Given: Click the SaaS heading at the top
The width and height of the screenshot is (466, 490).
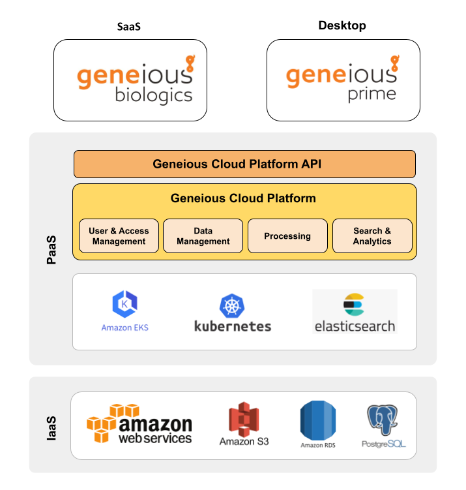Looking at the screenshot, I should click(x=129, y=27).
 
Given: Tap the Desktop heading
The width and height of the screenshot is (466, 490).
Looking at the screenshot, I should click(x=342, y=26).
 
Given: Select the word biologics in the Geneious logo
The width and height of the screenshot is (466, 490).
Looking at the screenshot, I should click(x=154, y=96).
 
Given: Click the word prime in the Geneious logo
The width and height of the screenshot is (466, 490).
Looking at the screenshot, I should click(x=371, y=95).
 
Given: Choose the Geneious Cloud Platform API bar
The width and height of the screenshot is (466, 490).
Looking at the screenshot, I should click(x=244, y=164).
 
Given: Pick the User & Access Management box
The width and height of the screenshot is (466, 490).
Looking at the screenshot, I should click(x=119, y=236).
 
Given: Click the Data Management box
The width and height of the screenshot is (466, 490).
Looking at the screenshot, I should click(x=203, y=236).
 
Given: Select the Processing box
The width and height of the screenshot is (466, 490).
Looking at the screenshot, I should click(x=287, y=236).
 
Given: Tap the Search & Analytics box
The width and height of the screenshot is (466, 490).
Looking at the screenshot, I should click(x=372, y=236).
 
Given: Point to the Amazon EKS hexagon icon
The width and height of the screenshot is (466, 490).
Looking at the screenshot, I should click(x=124, y=305).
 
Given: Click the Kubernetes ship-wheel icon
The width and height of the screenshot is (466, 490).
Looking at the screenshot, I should click(x=232, y=307).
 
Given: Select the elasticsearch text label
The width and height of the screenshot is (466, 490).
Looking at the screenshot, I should click(x=355, y=326).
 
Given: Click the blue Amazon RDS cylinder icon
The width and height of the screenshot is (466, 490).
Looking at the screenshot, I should click(x=318, y=420).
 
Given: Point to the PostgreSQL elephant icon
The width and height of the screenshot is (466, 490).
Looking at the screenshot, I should click(x=384, y=421).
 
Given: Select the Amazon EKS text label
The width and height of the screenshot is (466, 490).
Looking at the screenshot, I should click(x=124, y=328).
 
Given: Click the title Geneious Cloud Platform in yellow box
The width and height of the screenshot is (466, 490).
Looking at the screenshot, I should click(x=243, y=198).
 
